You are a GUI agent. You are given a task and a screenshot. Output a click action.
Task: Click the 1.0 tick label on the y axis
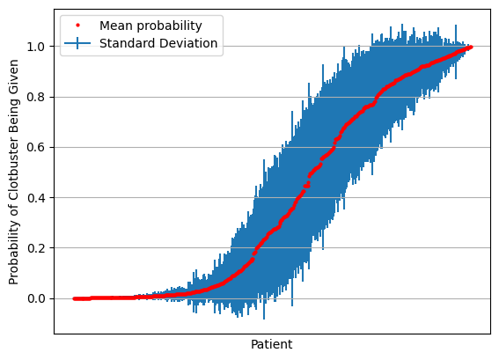pyautogui.click(x=35, y=48)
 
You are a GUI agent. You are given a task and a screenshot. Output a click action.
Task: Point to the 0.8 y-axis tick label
pyautogui.click(x=35, y=97)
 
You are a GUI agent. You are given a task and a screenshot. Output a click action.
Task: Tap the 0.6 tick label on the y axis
pyautogui.click(x=35, y=147)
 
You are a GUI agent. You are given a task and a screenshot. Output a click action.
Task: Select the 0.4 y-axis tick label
pyautogui.click(x=35, y=198)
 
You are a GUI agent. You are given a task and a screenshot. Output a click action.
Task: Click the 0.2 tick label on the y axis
pyautogui.click(x=35, y=248)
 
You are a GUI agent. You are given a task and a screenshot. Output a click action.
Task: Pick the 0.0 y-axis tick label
pyautogui.click(x=35, y=298)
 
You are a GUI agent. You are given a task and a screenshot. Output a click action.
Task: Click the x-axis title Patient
pyautogui.click(x=271, y=344)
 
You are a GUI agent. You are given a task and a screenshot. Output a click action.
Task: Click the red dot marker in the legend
pyautogui.click(x=77, y=26)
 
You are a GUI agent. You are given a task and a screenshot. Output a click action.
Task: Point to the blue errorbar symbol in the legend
pyautogui.click(x=77, y=43)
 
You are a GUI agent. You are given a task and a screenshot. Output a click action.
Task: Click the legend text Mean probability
pyautogui.click(x=150, y=26)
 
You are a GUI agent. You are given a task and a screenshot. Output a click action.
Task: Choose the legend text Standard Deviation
pyautogui.click(x=158, y=43)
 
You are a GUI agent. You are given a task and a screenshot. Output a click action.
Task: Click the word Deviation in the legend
pyautogui.click(x=188, y=43)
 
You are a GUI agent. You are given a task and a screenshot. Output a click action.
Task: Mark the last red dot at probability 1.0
pyautogui.click(x=471, y=48)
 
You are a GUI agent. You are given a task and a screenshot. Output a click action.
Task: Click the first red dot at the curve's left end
pyautogui.click(x=75, y=298)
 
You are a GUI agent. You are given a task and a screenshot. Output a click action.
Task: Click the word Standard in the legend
pyautogui.click(x=128, y=43)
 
